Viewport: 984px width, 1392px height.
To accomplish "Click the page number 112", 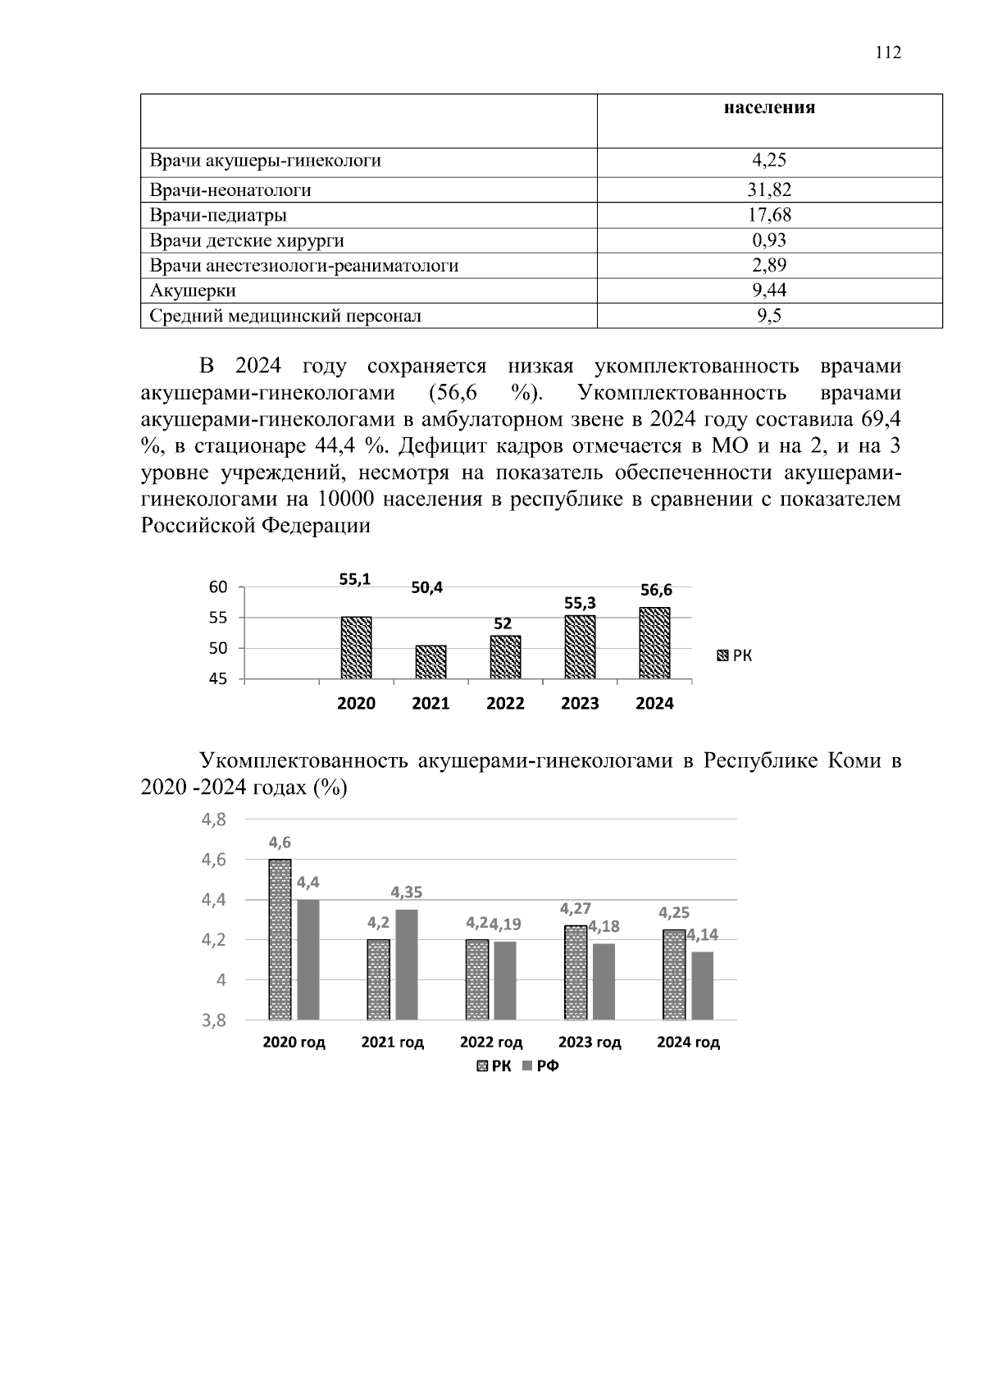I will (888, 53).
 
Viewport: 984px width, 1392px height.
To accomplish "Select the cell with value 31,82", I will (768, 190).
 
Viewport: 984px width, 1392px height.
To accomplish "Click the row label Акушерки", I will (193, 290).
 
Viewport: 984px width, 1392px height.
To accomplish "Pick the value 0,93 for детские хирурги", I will (768, 240).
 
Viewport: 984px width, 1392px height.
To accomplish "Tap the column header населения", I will (768, 107).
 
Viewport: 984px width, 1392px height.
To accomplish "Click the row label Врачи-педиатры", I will (218, 216).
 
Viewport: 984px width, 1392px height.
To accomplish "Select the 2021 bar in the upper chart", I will (430, 662).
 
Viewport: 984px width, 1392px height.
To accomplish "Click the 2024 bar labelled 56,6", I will (654, 643).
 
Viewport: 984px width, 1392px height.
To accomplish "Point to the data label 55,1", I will (355, 579).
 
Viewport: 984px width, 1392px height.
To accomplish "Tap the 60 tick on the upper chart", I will (217, 587).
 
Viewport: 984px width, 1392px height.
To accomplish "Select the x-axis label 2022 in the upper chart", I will (505, 704).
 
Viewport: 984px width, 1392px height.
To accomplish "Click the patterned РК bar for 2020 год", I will (280, 939).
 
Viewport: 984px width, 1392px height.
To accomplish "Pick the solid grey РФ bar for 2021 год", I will (407, 965).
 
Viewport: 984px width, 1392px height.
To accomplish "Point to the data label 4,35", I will (407, 892).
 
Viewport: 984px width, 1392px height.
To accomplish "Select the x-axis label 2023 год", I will (589, 1043).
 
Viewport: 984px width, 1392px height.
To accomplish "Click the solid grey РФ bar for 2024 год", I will (703, 985).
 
